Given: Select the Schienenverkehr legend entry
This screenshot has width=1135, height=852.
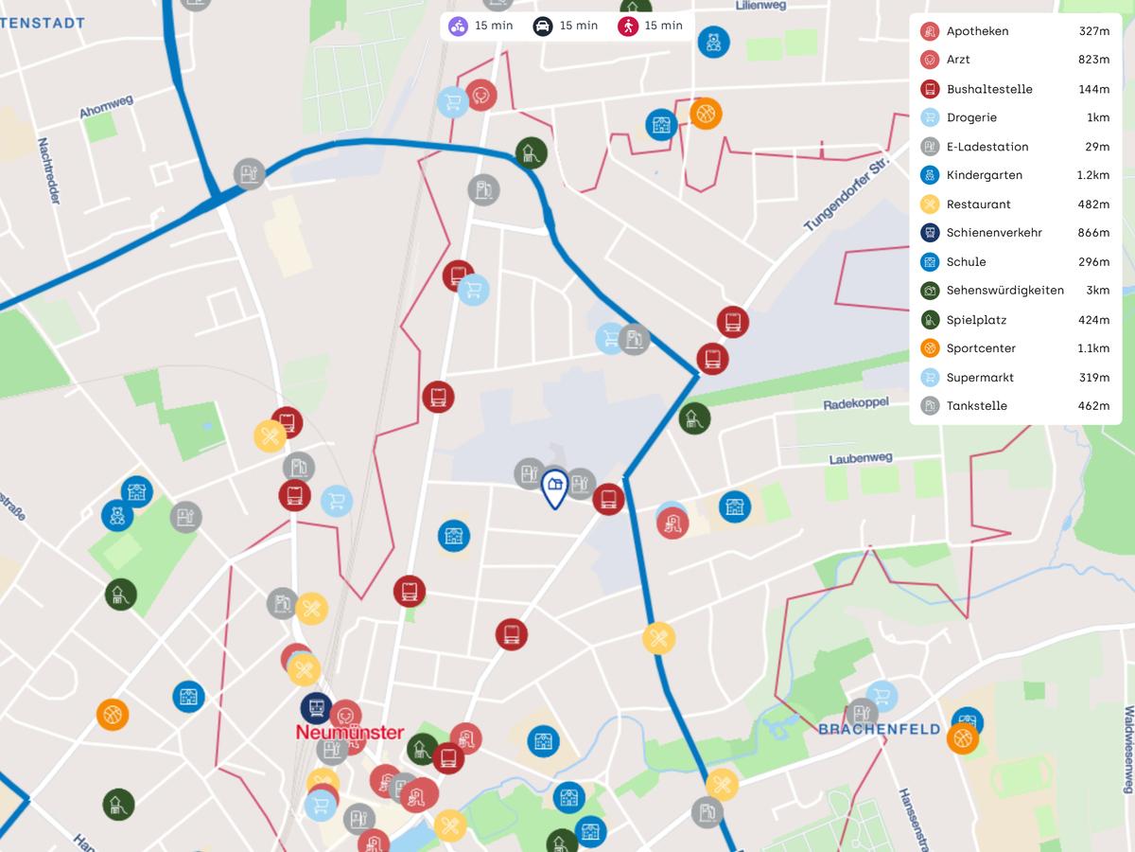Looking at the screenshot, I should click(x=994, y=233).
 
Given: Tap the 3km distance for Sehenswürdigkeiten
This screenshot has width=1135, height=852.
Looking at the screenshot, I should click(x=1098, y=291).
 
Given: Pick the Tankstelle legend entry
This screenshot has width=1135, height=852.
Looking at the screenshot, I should click(x=976, y=406).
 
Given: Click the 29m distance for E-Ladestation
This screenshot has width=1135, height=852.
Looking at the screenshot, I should click(x=1097, y=147).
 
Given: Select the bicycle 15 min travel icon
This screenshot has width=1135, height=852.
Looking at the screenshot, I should click(x=458, y=26).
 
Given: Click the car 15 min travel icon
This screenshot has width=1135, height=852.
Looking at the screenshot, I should click(x=542, y=26).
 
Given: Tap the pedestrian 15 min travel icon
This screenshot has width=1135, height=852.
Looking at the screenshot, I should click(x=627, y=26).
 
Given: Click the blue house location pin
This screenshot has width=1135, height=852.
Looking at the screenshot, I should click(x=554, y=488).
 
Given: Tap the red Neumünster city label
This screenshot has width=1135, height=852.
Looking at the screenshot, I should click(x=350, y=733).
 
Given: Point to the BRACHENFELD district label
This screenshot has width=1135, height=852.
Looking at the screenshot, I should click(x=879, y=729).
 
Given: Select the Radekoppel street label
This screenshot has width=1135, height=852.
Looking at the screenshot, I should click(x=856, y=402).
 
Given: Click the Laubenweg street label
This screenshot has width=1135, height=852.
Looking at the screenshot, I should click(x=861, y=458).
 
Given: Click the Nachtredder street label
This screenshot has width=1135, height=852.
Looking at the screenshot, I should click(x=49, y=171).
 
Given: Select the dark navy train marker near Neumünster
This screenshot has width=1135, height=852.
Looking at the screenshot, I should click(x=316, y=707).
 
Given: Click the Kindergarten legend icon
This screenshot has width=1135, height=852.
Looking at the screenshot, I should click(x=930, y=175).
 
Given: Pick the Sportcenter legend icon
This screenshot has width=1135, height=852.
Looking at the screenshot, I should click(x=930, y=348).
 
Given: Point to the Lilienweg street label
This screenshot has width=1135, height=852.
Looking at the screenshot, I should click(x=760, y=5).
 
